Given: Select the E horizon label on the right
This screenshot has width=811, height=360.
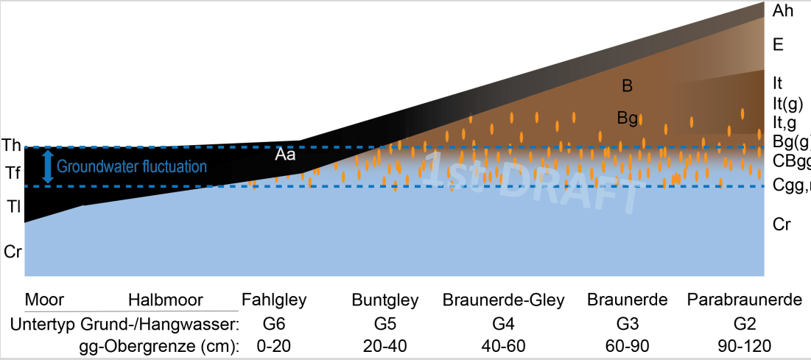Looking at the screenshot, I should point(778,45).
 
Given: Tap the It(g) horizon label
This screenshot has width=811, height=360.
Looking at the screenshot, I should point(787,103).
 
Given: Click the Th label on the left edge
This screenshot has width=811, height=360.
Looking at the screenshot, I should point(13,144).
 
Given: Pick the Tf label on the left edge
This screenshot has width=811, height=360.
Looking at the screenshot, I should point(12,174).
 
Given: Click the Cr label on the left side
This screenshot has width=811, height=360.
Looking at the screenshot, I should point(13,251).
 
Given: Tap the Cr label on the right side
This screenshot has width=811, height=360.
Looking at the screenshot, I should point(782,225).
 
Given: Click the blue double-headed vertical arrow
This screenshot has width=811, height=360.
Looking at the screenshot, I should point(48,166).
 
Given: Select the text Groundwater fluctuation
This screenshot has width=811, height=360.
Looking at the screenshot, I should point(132,167).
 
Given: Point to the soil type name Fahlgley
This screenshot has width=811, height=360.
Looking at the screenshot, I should point(274,300).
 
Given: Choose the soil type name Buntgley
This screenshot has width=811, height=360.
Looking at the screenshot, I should point(385,300).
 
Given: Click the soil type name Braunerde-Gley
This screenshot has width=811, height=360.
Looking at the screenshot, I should point(504,300).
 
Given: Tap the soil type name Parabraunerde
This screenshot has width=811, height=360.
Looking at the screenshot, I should point(744,300).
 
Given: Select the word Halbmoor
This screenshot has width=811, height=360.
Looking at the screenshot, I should point(166,300).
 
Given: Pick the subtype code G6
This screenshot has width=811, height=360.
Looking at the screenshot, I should point(274,324).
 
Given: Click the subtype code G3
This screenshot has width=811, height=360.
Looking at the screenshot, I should point(627,324).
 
